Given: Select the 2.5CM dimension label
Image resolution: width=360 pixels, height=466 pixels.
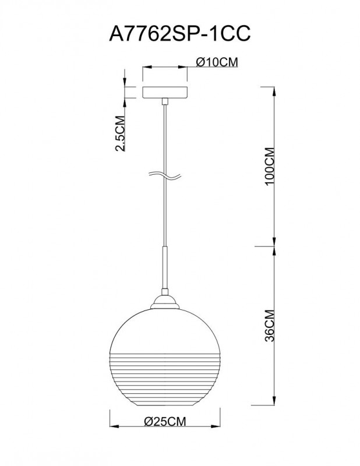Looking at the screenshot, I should point(121,133).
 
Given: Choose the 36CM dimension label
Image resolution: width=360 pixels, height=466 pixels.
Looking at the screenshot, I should point(269,324).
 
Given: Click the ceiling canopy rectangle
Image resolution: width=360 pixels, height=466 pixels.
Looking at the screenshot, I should point(165,93).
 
